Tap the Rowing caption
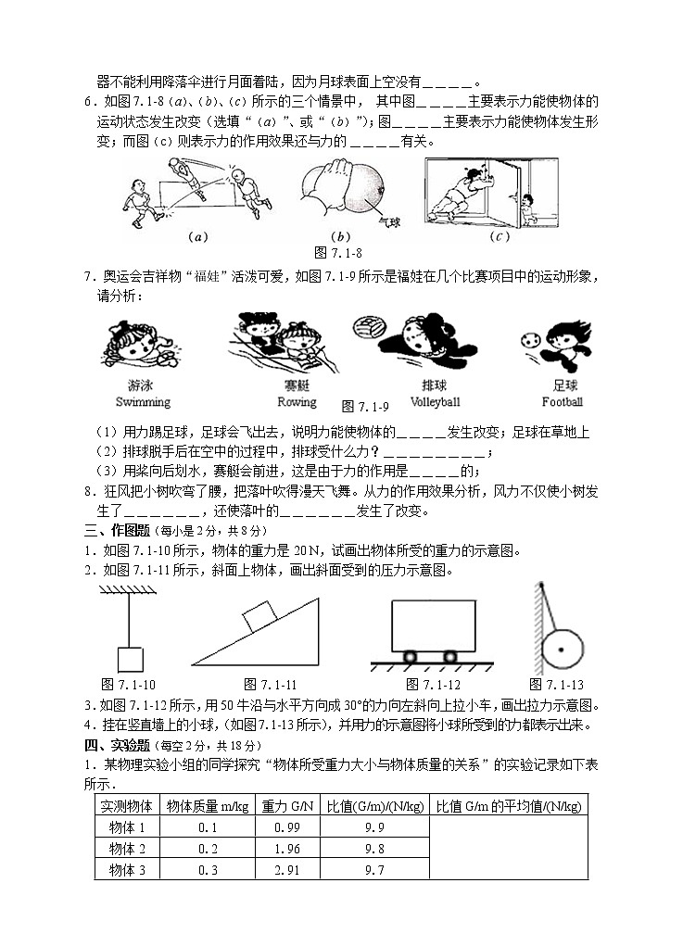point(297,402)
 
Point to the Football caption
point(563,402)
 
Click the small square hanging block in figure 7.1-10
point(130,658)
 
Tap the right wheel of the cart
point(450,657)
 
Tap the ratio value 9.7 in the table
point(375,869)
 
